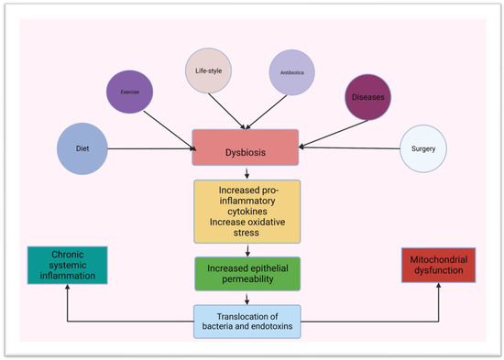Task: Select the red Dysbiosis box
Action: (x=246, y=147)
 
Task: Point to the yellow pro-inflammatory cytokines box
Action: (x=246, y=212)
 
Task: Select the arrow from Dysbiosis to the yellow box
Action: (x=246, y=172)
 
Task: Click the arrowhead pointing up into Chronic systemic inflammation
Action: (x=68, y=286)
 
